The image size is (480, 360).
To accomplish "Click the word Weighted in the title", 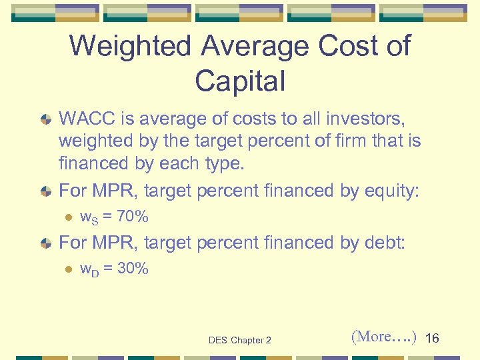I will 127,47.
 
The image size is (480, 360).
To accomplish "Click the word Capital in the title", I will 240,81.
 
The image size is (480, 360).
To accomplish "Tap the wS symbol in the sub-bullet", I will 89,217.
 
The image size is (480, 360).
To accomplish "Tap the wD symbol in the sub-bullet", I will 89,269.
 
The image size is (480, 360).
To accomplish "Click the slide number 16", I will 432,339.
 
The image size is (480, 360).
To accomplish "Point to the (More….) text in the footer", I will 383,337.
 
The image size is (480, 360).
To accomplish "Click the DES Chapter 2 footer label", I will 239,340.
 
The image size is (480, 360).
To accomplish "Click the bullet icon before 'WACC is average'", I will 46,119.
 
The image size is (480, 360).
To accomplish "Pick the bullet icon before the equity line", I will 46,191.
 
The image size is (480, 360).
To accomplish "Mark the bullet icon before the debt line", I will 46,243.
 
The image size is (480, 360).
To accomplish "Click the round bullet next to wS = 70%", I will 67,217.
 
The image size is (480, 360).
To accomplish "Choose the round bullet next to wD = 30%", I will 67,269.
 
